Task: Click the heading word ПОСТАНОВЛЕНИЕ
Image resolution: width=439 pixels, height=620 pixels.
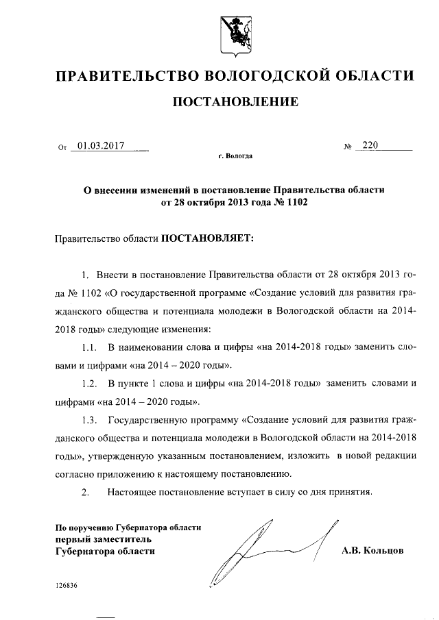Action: click(234, 103)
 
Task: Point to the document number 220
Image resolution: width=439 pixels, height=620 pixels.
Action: click(370, 145)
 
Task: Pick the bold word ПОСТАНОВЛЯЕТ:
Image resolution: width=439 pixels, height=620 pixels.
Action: click(207, 237)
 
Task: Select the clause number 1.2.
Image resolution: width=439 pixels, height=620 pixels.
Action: click(88, 382)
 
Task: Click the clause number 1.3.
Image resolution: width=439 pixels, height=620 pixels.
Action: click(88, 418)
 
